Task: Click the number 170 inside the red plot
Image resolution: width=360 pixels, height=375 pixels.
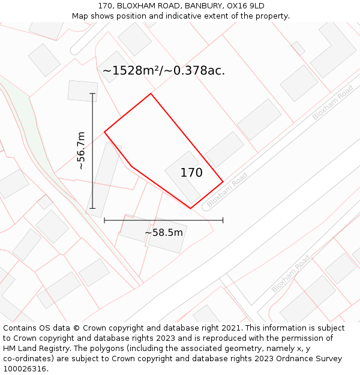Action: [191, 173]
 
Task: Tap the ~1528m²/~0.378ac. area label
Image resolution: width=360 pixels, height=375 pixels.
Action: [163, 71]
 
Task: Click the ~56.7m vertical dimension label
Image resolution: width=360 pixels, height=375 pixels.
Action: [81, 151]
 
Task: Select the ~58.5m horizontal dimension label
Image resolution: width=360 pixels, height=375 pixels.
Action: [164, 232]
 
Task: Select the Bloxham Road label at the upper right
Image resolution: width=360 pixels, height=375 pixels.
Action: [332, 103]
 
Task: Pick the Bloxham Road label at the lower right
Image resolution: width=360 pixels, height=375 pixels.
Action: [291, 274]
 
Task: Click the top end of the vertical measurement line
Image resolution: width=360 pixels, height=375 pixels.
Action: [92, 94]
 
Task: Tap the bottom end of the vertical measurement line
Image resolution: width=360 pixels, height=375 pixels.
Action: [92, 208]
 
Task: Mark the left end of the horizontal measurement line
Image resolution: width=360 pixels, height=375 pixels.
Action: [104, 220]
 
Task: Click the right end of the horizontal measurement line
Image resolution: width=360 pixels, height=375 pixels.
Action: [223, 220]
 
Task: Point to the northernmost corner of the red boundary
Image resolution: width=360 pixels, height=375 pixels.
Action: [151, 94]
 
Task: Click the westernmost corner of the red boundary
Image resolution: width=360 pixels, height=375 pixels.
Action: [105, 131]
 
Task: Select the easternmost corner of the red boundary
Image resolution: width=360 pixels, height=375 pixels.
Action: [223, 181]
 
